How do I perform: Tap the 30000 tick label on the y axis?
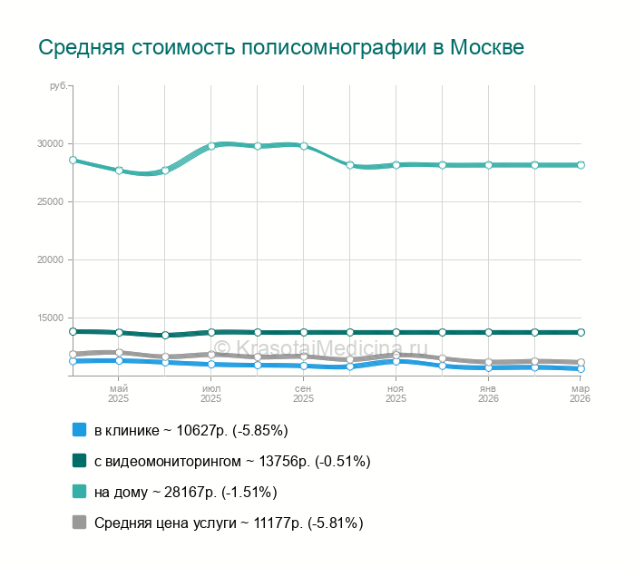coord(50,143)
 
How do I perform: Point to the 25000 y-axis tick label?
coord(50,201)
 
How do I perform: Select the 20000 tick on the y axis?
coord(50,259)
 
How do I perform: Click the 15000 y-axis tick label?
coord(50,318)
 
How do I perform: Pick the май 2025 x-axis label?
coord(119,393)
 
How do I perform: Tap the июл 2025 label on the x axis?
coord(211,393)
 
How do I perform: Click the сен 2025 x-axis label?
coord(304,393)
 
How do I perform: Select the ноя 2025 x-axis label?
coord(396,393)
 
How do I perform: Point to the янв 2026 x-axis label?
coord(488,393)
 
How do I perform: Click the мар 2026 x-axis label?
coord(580,393)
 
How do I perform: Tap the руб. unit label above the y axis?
coord(59,85)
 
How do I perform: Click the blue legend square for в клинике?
coord(79,430)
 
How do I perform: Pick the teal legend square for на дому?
coord(79,492)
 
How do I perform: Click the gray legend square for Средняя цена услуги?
coord(79,523)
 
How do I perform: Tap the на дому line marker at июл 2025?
coord(211,146)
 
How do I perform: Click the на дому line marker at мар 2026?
coord(581,165)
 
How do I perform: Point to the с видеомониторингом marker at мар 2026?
coord(581,333)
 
